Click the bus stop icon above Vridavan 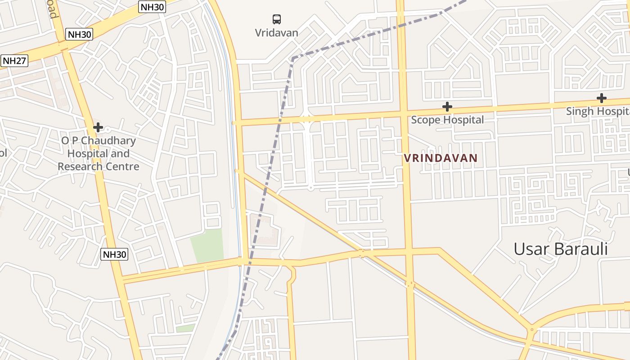[x=277, y=19]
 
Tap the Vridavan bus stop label [x=276, y=33]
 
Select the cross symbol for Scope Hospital [x=447, y=107]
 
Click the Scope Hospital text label [x=447, y=120]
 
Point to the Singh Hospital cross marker [x=601, y=98]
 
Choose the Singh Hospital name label [x=598, y=111]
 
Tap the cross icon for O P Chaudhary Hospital [x=98, y=127]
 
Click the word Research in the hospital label [x=80, y=166]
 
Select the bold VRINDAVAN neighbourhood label [x=440, y=158]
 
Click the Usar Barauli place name [x=560, y=249]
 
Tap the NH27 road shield [x=14, y=61]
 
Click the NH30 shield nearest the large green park [x=114, y=254]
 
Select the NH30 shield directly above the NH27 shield [x=79, y=34]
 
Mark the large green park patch [x=207, y=246]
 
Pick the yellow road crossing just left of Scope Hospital [x=403, y=112]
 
